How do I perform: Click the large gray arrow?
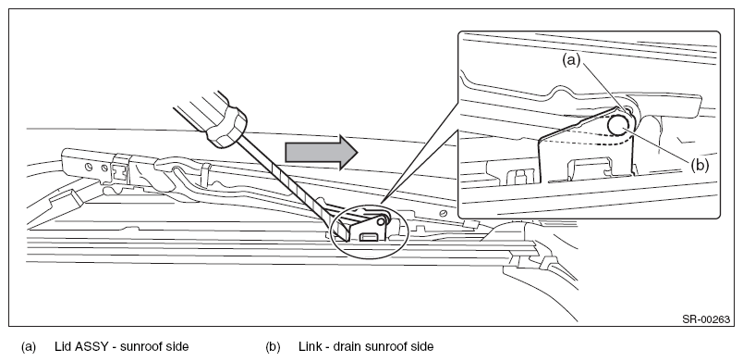322,152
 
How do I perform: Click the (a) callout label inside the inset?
571,60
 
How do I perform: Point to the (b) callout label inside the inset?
700,166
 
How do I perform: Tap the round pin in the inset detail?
619,125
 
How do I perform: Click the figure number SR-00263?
705,319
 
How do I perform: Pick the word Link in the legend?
309,346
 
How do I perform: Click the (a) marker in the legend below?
28,347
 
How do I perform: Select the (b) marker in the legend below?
273,347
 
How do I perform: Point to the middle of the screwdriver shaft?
289,185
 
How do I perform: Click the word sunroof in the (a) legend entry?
141,346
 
